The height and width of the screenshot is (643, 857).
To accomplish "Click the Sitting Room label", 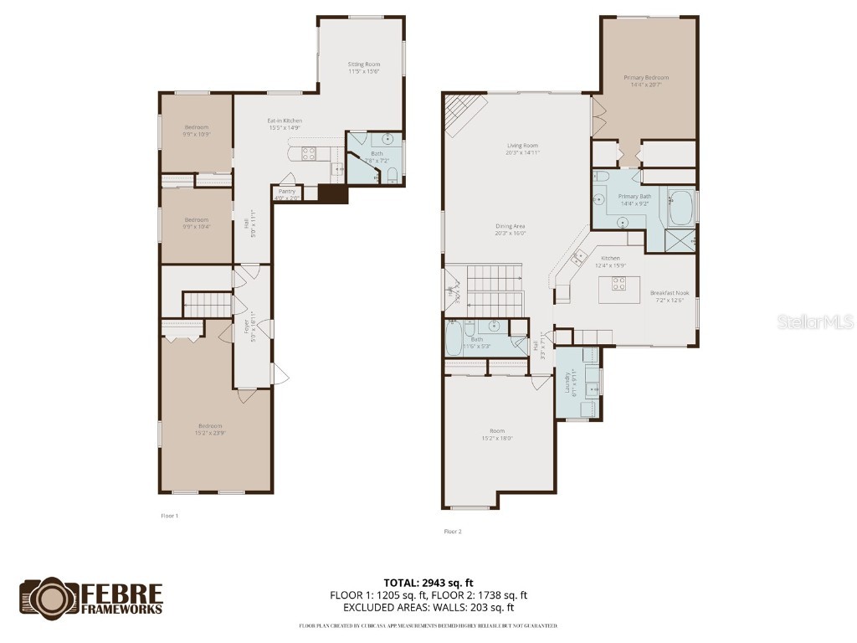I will point(364,68).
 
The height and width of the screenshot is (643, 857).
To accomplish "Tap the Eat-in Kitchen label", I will point(285,124).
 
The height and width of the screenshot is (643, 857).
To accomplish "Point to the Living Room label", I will point(521,149).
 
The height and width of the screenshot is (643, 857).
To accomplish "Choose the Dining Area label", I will point(510,229).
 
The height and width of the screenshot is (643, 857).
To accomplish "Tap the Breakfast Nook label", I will point(669,296).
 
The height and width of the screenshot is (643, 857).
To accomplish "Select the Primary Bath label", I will point(635,199).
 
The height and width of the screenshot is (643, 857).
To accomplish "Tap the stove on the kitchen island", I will point(619,283).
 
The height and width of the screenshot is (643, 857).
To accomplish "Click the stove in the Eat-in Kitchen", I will point(308,152).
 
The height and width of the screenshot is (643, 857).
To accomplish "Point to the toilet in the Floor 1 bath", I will point(391,174).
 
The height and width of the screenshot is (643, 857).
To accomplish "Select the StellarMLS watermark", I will point(814,321).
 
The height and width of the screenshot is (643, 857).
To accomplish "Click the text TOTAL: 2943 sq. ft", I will point(428,583).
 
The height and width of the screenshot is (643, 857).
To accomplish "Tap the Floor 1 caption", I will point(169,516).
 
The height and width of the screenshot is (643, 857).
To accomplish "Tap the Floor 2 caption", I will point(452,531).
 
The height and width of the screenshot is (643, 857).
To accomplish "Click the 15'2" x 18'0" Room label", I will point(496,435).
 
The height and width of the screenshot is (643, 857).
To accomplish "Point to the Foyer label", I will point(248,326).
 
